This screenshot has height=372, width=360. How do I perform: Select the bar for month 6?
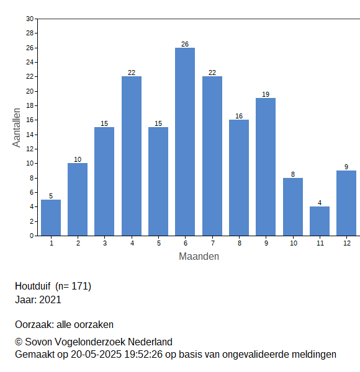click(185, 141)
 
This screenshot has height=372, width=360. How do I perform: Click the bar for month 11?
click(320, 221)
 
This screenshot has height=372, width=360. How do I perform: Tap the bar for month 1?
click(51, 218)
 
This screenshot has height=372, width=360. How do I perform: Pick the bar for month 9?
click(266, 167)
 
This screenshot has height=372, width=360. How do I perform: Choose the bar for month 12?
click(346, 203)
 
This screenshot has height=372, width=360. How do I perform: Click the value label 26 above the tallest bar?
click(185, 44)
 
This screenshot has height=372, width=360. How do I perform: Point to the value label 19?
click(266, 94)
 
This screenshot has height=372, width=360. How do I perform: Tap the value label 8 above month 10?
click(293, 174)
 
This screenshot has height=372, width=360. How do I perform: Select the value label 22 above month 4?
click(132, 73)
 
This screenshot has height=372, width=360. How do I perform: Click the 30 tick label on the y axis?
click(30, 19)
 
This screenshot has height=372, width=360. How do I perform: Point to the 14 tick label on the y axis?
click(30, 135)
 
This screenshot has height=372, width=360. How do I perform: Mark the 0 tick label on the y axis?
click(32, 236)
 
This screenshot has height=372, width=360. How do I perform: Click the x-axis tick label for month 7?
click(213, 243)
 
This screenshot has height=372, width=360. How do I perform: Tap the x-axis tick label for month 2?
click(78, 243)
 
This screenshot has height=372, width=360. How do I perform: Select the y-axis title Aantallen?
click(17, 128)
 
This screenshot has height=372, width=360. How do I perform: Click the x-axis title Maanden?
click(199, 257)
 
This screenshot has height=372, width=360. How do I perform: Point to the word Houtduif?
click(33, 286)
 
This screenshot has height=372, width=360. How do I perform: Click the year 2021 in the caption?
click(50, 299)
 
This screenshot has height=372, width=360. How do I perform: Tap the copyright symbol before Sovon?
click(19, 342)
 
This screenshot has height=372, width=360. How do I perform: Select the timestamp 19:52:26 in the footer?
click(143, 355)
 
